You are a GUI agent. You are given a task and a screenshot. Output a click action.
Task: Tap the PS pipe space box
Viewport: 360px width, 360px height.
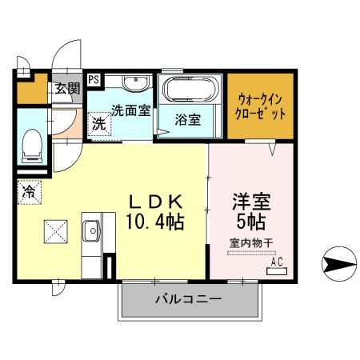click(x=94, y=79)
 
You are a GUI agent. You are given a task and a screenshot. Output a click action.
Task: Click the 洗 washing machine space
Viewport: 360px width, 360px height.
click(x=98, y=124)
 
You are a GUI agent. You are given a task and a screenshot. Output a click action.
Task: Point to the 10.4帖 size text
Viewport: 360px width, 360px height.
click(x=155, y=220)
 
